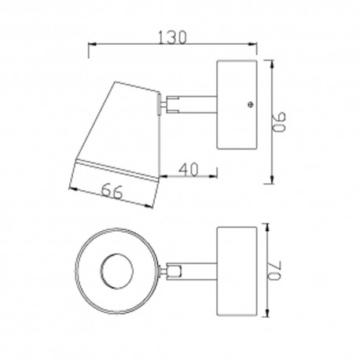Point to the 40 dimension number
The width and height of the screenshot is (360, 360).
click(188, 167)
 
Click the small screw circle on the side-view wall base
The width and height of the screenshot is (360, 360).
click(248, 102)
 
